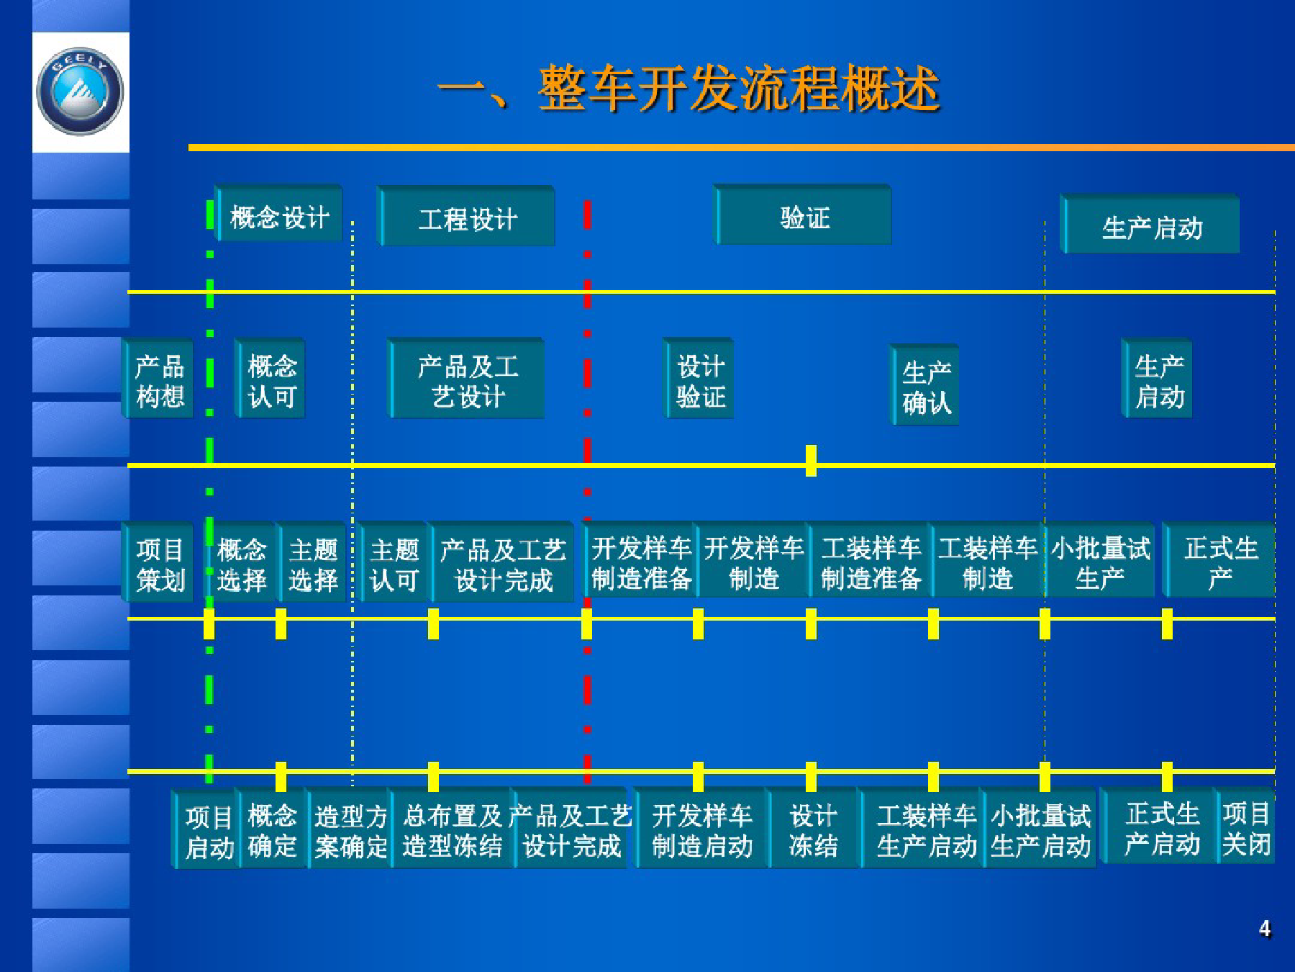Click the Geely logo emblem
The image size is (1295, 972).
click(80, 91)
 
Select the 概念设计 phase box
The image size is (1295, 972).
click(279, 216)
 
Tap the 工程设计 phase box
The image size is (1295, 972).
click(467, 217)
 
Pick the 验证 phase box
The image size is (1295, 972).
click(804, 216)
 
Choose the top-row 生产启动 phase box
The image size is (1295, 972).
click(1151, 226)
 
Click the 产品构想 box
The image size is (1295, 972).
click(159, 380)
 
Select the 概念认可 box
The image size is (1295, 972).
click(271, 380)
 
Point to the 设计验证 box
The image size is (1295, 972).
click(699, 380)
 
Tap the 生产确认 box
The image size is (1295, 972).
click(927, 387)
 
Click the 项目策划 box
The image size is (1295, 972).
click(159, 564)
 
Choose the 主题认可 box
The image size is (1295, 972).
click(394, 564)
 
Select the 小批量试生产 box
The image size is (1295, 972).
click(1099, 562)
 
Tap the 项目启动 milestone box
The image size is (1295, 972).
click(208, 831)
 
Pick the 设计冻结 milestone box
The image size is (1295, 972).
click(813, 829)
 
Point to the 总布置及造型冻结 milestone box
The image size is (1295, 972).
click(452, 830)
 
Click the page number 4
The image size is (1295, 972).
click(1264, 929)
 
